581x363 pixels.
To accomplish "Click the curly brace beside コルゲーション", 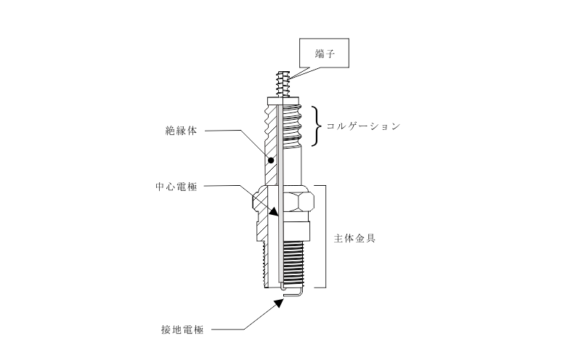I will click(x=318, y=126).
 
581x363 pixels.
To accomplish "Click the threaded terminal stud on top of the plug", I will click(x=284, y=83).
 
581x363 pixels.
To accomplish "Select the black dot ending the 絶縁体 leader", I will click(x=270, y=160).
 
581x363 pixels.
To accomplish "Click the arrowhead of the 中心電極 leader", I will click(x=274, y=213).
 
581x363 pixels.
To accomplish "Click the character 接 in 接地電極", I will click(x=165, y=330).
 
